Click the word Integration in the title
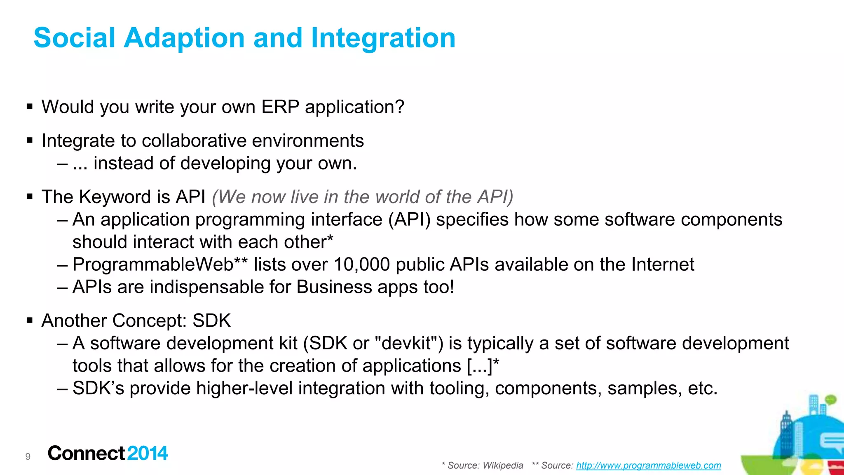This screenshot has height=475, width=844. pos(383,38)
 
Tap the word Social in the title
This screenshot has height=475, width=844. pos(74,38)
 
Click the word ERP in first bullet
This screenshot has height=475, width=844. pos(280,107)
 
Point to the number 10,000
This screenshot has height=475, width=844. pos(361,264)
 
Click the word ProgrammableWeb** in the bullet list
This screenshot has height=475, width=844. pos(160,264)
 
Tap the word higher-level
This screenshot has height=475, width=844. pos(244,388)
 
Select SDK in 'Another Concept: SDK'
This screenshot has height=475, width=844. pos(212,321)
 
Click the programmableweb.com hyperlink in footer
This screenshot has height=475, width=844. pos(648,466)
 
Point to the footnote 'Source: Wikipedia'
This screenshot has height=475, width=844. pos(485,466)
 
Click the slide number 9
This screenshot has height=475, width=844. pos(28,456)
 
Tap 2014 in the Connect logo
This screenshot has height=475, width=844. pos(148,453)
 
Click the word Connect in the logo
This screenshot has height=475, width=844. pos(86,453)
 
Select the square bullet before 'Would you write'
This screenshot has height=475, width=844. pos(29,107)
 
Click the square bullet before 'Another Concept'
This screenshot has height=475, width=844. pos(29,321)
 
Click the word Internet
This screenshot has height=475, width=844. pos(663,264)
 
